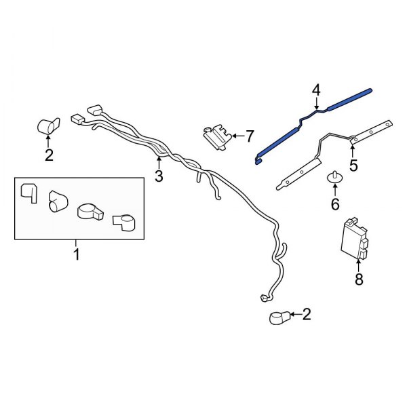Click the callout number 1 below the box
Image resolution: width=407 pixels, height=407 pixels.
click(76, 254)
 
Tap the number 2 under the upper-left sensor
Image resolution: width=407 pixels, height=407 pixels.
click(49, 155)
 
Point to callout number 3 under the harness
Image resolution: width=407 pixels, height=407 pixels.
click(159, 176)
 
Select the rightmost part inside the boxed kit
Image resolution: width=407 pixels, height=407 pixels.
click(123, 220)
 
